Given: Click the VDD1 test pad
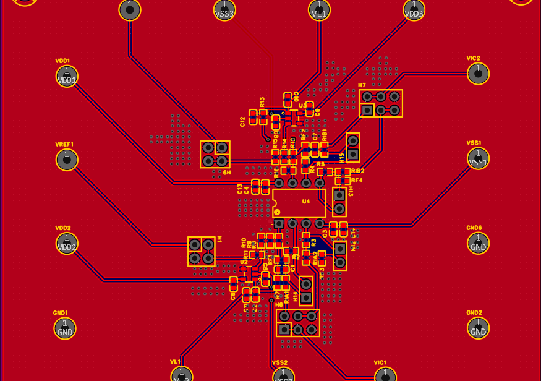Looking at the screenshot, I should click(67, 76).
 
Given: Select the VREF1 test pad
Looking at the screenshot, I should click(67, 160).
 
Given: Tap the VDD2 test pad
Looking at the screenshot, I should click(67, 243).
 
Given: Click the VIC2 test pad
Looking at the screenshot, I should click(478, 74).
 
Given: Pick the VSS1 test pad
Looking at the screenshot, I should click(478, 158).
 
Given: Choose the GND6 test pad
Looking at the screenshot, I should click(478, 243).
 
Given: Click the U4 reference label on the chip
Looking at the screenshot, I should click(305, 202).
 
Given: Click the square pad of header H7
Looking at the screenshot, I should click(367, 110).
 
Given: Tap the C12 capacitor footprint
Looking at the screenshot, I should click(253, 118).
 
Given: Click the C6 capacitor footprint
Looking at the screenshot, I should click(233, 284).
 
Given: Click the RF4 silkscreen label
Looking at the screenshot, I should click(357, 181).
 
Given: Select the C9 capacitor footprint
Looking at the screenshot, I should click(310, 109).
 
